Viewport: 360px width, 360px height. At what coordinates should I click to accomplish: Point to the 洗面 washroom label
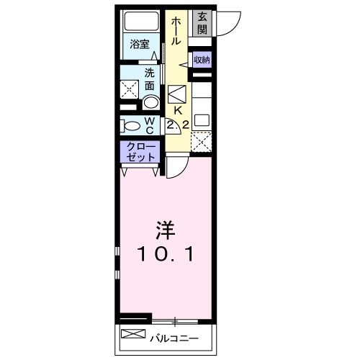tap(150, 79)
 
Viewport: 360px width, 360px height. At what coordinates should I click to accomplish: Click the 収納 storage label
tap(202, 60)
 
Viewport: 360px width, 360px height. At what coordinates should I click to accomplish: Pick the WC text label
tap(150, 125)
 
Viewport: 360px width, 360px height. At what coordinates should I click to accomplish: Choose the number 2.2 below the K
tap(177, 125)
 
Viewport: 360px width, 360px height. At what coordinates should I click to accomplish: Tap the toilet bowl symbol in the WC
tap(132, 125)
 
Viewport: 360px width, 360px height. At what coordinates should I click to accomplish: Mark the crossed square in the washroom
tap(130, 89)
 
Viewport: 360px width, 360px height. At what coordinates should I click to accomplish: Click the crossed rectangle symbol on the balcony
tap(132, 334)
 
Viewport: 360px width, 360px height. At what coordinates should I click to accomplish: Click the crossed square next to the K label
tap(177, 93)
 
